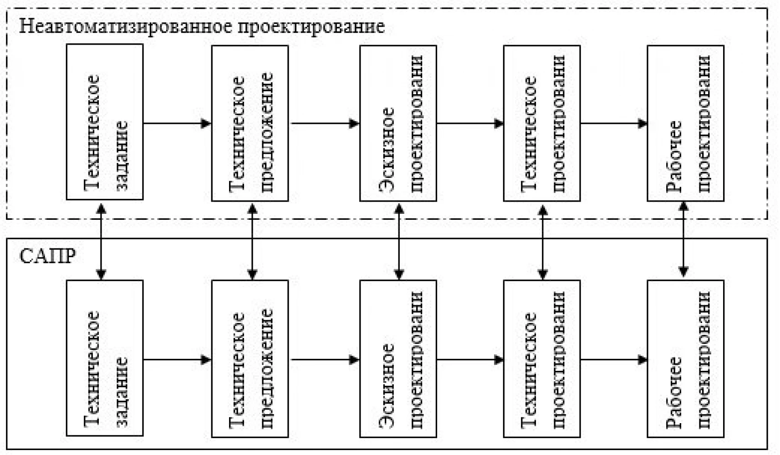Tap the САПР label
[x=47, y=257]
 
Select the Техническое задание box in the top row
[x=105, y=122]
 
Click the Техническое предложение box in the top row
[x=250, y=123]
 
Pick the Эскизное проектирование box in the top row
[x=398, y=123]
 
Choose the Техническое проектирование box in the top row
[x=542, y=123]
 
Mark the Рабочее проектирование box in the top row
[x=686, y=123]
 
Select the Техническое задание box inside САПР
[x=105, y=358]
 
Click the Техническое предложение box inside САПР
[x=250, y=359]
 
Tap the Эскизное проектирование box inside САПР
[x=398, y=359]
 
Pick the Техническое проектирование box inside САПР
[x=542, y=359]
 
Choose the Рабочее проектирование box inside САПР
[x=686, y=359]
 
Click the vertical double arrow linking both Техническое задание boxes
[x=101, y=242]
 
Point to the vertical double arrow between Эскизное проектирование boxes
[x=399, y=242]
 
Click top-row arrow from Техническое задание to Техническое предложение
[x=177, y=123]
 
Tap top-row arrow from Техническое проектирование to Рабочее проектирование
[x=614, y=123]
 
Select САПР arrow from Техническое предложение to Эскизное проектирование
[x=325, y=360]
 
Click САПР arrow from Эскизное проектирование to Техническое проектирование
[x=470, y=360]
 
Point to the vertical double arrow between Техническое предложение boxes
[x=252, y=242]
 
